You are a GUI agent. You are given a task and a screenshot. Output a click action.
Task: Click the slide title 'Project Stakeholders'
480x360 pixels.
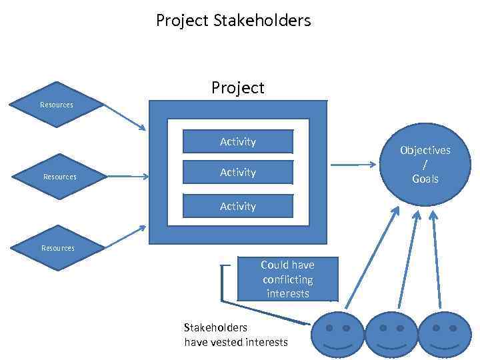coord(233,21)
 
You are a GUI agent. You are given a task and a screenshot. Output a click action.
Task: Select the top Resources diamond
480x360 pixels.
coord(57,105)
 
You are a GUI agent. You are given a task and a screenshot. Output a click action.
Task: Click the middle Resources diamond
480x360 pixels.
coord(59,177)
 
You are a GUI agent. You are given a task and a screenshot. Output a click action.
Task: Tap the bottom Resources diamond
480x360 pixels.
coord(58,247)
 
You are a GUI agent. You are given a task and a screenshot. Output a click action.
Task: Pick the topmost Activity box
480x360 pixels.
coord(238,141)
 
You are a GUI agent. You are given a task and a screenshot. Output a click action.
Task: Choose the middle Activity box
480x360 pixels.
coord(238,173)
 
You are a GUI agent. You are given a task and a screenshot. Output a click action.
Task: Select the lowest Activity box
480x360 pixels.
coord(238,206)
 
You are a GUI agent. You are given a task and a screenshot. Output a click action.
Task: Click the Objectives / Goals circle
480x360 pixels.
coord(425,164)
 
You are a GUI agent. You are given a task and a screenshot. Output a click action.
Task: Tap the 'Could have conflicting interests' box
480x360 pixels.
coord(287,279)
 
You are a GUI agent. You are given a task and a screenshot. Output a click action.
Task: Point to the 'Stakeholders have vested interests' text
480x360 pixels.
coord(235,335)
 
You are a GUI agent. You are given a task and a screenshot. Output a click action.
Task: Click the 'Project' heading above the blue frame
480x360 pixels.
coord(238,88)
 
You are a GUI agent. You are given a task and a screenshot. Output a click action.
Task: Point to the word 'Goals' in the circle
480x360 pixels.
coord(425,179)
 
